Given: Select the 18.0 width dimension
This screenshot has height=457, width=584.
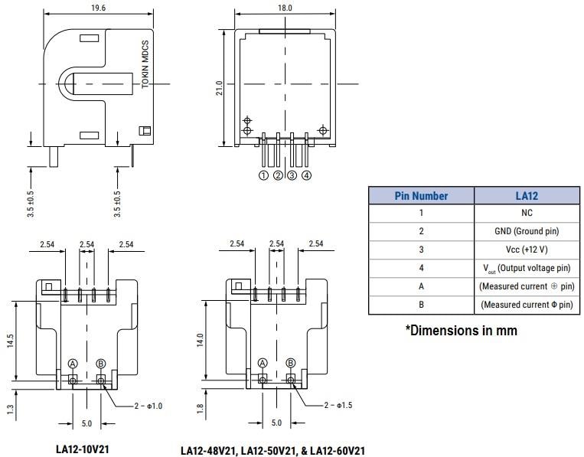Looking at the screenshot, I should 284,8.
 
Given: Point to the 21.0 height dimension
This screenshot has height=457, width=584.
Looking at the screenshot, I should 219,88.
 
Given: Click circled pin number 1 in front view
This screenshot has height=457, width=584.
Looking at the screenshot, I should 263,175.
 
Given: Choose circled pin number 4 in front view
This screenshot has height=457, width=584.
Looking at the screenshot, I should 306,175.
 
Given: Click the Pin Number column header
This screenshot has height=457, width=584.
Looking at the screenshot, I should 421,196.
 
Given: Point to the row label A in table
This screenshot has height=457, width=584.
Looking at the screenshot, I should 421,287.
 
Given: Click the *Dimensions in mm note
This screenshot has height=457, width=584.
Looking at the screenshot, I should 461,331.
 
